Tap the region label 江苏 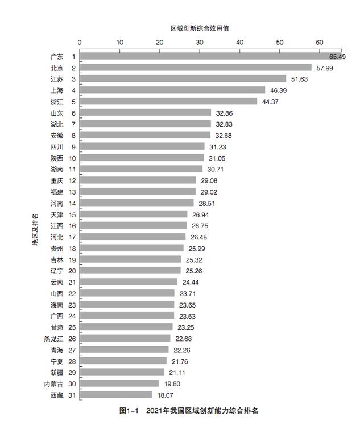[57, 79]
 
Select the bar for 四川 [142, 146]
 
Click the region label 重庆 [57, 180]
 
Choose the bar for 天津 [134, 214]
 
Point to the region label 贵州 [57, 248]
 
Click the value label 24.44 [191, 282]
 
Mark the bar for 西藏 [116, 395]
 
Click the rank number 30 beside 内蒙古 [72, 384]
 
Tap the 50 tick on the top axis [279, 42]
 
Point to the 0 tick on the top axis [80, 42]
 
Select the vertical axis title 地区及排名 [35, 229]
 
